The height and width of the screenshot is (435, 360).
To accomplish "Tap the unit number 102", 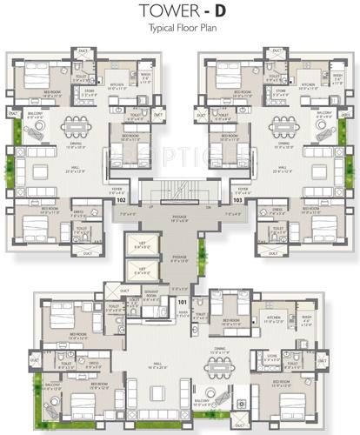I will point(120,199).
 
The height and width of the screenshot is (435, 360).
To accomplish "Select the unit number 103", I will point(238,199).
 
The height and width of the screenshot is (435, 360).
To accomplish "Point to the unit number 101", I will point(181,302).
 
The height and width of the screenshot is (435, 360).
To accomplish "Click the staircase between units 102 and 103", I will point(180,188).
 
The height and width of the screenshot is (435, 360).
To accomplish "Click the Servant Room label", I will point(150,296).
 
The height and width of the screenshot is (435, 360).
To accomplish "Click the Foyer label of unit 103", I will point(241,188).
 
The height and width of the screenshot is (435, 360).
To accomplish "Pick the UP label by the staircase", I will point(152,207).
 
